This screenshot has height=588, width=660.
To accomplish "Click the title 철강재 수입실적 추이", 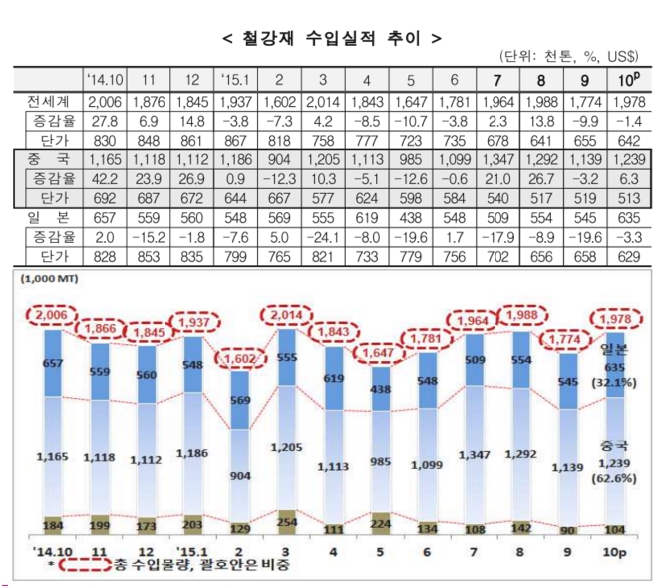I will click(x=329, y=38).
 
